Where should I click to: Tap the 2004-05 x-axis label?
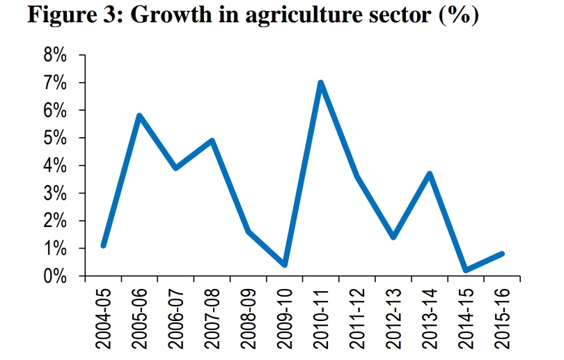(x=103, y=317)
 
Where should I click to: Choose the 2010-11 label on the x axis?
(x=321, y=317)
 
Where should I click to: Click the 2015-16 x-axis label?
(x=502, y=317)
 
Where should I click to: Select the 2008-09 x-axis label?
(x=249, y=317)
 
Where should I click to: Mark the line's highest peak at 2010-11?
(x=321, y=83)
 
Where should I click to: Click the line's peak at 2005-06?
(x=139, y=116)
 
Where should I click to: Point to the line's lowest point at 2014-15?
(x=466, y=270)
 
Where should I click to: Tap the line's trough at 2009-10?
(x=285, y=265)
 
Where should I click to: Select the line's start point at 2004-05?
(x=103, y=245)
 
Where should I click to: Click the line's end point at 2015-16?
(x=502, y=253)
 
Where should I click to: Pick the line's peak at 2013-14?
(x=430, y=174)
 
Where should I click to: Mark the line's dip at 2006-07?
(x=175, y=169)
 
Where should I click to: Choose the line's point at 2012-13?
(x=393, y=237)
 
